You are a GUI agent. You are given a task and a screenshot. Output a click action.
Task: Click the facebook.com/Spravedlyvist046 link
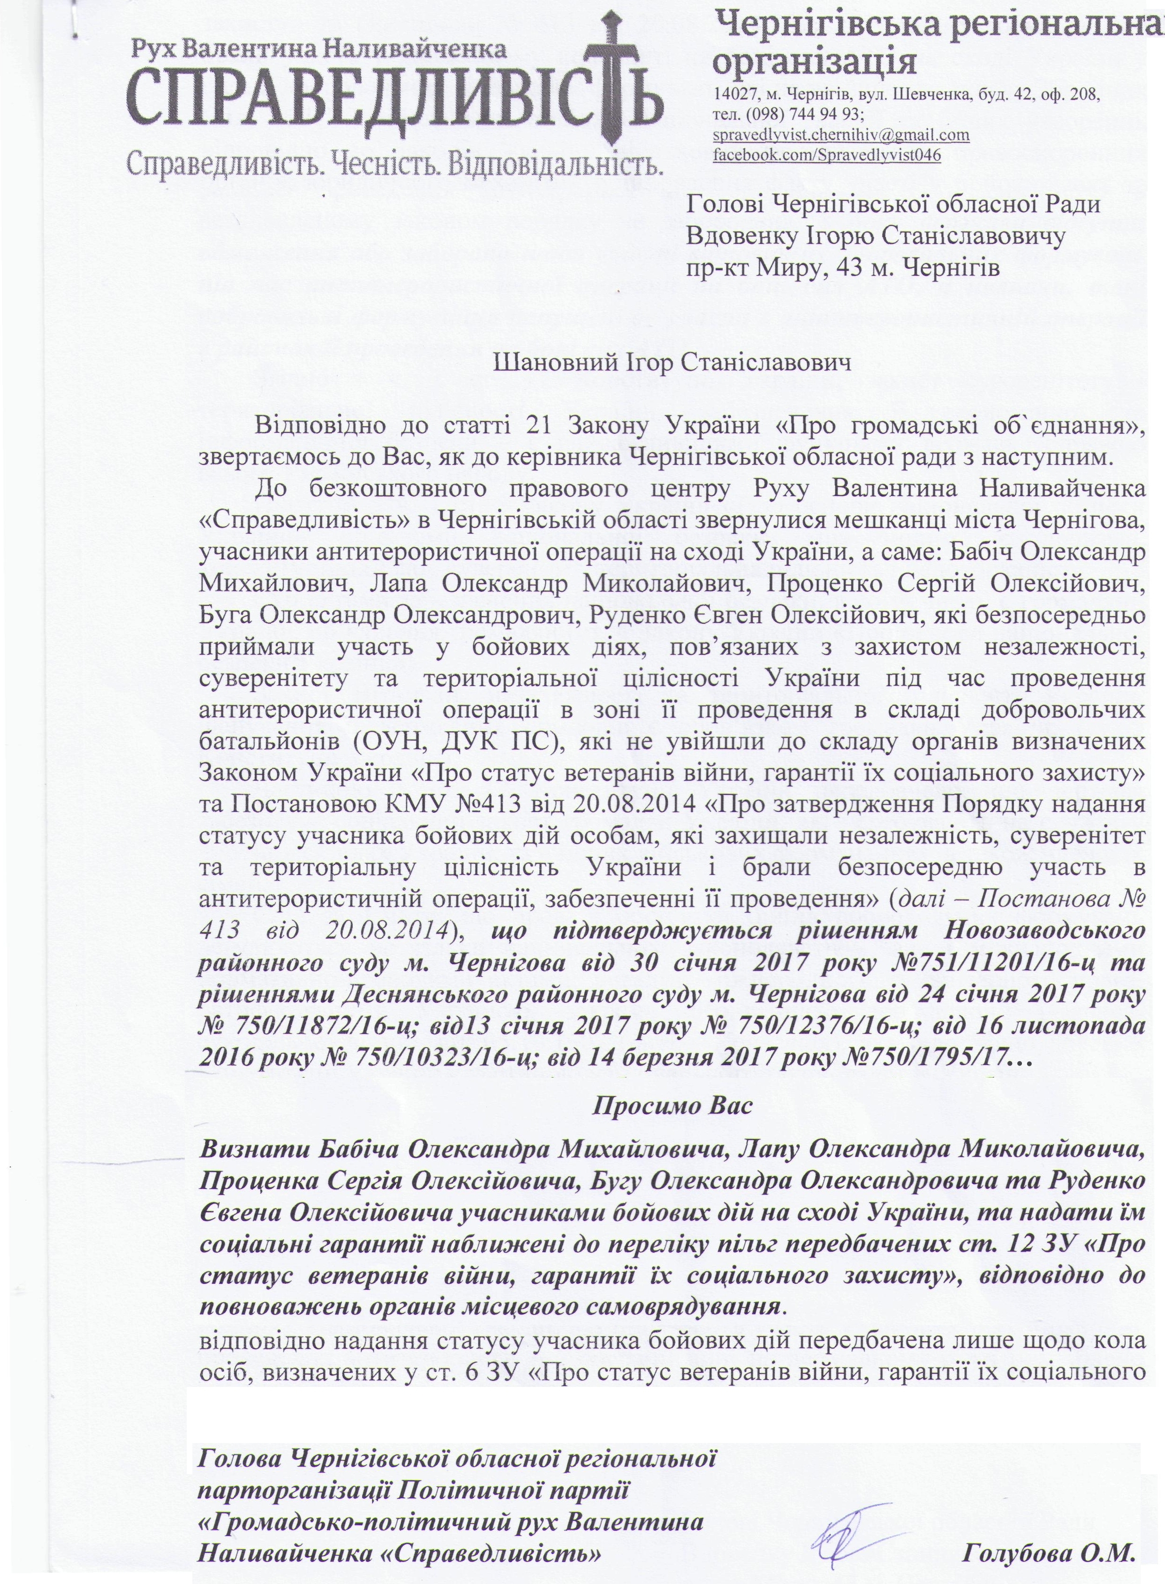pyautogui.click(x=827, y=154)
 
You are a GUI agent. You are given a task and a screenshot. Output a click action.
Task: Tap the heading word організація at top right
pyautogui.click(x=814, y=62)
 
